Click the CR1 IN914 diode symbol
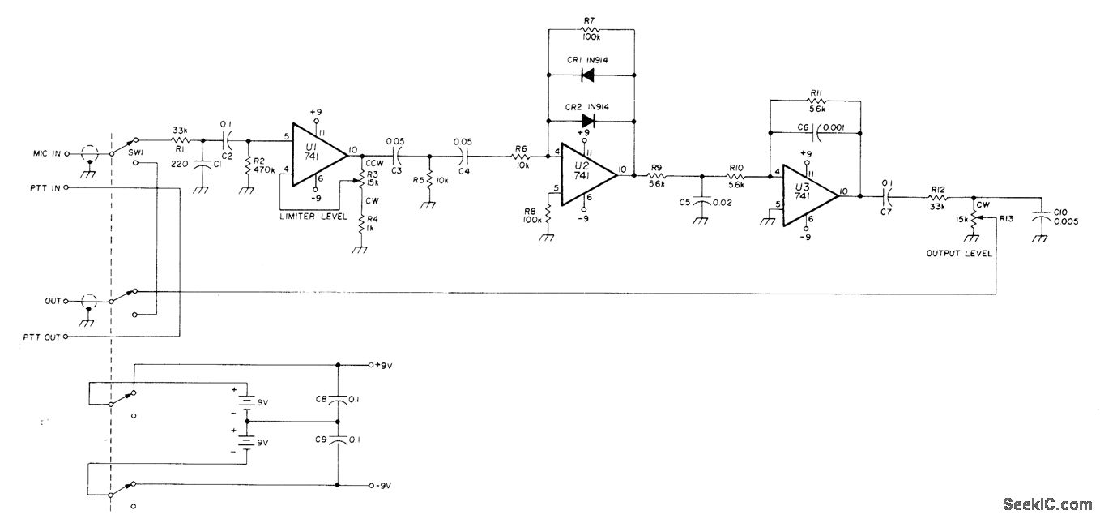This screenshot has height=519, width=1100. [x=589, y=75]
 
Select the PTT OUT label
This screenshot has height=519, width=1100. [x=43, y=337]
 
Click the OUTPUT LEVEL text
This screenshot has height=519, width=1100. [x=959, y=253]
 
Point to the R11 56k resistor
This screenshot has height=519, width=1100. [x=814, y=101]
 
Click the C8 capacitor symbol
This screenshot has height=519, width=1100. [x=337, y=399]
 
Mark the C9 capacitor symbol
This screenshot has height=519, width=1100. [x=337, y=440]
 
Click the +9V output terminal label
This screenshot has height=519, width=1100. [x=382, y=365]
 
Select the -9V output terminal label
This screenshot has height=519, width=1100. [x=382, y=486]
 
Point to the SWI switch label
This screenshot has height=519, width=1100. [x=136, y=152]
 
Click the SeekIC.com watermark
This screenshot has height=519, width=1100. [x=1047, y=504]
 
